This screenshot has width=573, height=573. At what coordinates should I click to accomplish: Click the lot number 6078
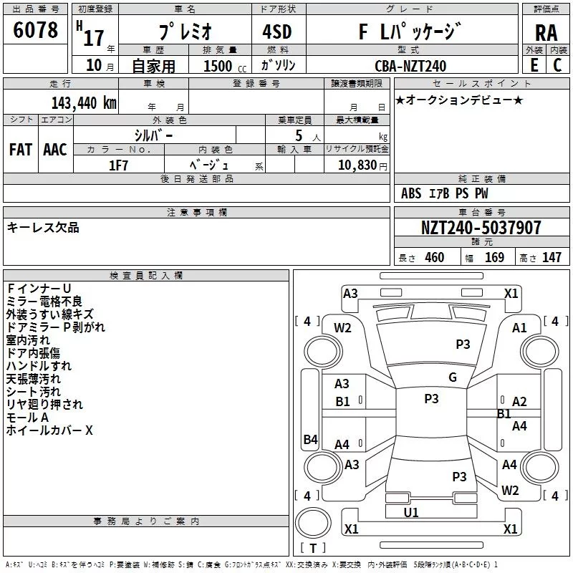pyautogui.click(x=35, y=29)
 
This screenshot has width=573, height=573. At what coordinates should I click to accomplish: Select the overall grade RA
pyautogui.click(x=546, y=33)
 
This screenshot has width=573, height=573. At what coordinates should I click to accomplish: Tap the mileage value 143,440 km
pyautogui.click(x=84, y=103)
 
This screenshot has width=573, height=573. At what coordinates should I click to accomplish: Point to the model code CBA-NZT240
pyautogui.click(x=410, y=66)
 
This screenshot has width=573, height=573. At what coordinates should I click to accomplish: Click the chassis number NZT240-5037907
pyautogui.click(x=481, y=228)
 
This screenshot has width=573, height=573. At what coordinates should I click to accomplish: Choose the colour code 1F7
pyautogui.click(x=118, y=165)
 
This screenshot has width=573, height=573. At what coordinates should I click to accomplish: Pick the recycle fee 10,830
pyautogui.click(x=357, y=165)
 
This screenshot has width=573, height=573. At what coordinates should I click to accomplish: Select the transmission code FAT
pyautogui.click(x=21, y=150)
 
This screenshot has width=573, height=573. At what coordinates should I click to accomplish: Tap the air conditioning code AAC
pyautogui.click(x=55, y=150)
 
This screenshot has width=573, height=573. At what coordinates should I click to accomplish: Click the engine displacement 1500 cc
pyautogui.click(x=225, y=66)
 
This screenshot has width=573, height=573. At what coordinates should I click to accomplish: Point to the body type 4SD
pyautogui.click(x=277, y=32)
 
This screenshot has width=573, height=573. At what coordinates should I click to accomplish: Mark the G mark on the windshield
pyautogui.click(x=453, y=377)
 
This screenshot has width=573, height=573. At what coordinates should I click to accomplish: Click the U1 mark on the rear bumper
pyautogui.click(x=411, y=513)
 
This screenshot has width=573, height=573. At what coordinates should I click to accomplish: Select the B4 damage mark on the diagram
pyautogui.click(x=311, y=439)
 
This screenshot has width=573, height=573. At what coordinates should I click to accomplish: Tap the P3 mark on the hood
pyautogui.click(x=463, y=345)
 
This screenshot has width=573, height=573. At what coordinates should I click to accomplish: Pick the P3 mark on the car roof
pyautogui.click(x=432, y=399)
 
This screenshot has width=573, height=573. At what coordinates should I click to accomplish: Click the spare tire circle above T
pyautogui.click(x=313, y=523)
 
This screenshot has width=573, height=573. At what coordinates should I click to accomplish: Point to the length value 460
pyautogui.click(x=435, y=258)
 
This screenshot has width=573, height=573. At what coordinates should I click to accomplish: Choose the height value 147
pyautogui.click(x=552, y=258)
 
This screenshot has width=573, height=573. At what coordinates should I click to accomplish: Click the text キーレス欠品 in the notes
pyautogui.click(x=43, y=228)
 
